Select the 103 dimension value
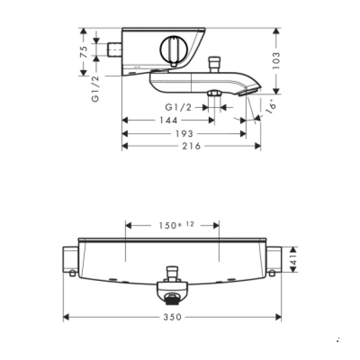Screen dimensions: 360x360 pyautogui.click(x=276, y=61)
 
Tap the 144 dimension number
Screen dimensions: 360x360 pyautogui.click(x=168, y=120)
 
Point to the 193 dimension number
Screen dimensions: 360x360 pyautogui.click(x=184, y=134)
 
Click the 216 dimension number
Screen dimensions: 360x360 pyautogui.click(x=191, y=147)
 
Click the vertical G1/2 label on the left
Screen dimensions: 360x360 pyautogui.click(x=96, y=88)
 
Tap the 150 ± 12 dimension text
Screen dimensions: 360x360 pyautogui.click(x=173, y=225)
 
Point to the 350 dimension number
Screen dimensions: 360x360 pyautogui.click(x=172, y=317)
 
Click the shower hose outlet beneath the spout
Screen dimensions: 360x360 pyautogui.click(x=213, y=94)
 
